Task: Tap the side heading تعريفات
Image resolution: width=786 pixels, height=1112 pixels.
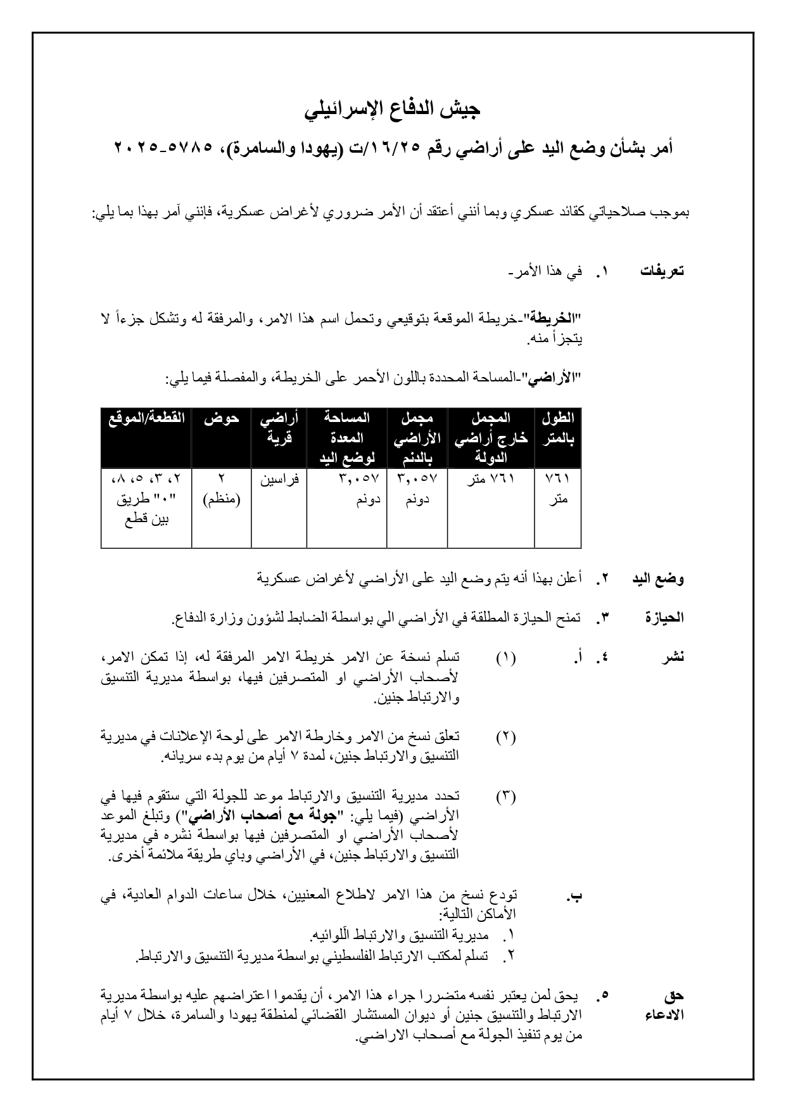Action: click(x=662, y=271)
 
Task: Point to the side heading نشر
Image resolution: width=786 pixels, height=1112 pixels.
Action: click(x=673, y=657)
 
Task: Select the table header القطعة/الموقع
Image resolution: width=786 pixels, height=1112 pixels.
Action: click(x=146, y=418)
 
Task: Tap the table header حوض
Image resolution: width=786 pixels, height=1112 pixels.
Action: click(x=221, y=418)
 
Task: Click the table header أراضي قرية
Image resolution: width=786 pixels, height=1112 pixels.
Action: click(x=279, y=428)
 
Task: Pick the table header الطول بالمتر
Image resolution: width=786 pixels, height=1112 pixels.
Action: click(x=557, y=428)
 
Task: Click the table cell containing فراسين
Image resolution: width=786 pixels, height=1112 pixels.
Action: click(x=279, y=480)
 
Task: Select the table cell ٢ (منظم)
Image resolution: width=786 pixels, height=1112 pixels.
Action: click(x=221, y=490)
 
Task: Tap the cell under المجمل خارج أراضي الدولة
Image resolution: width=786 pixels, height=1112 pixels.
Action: click(x=491, y=480)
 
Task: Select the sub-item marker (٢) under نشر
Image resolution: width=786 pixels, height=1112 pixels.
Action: click(x=505, y=737)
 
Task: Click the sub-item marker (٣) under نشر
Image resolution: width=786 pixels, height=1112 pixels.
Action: click(x=505, y=796)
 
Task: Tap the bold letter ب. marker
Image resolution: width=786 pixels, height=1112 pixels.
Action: click(x=575, y=896)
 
